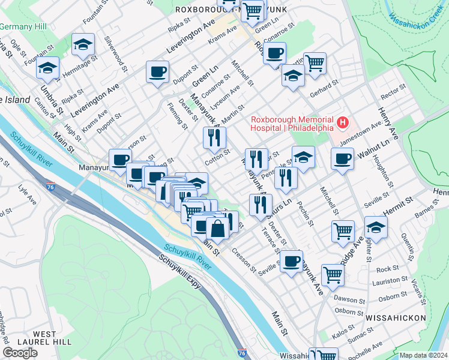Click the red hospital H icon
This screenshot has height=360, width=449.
pyautogui.click(x=343, y=123)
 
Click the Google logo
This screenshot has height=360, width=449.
pyautogui.click(x=20, y=352)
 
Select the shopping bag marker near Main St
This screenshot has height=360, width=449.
pyautogui.click(x=216, y=229)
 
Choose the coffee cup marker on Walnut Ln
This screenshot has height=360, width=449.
pyautogui.click(x=342, y=160)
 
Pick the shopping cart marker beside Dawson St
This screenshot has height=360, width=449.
pyautogui.click(x=332, y=275)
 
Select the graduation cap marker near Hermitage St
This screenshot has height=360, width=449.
pyautogui.click(x=83, y=44)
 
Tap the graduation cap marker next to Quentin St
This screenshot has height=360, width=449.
pyautogui.click(x=376, y=228)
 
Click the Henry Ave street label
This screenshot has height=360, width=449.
pyautogui.click(x=385, y=121)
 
